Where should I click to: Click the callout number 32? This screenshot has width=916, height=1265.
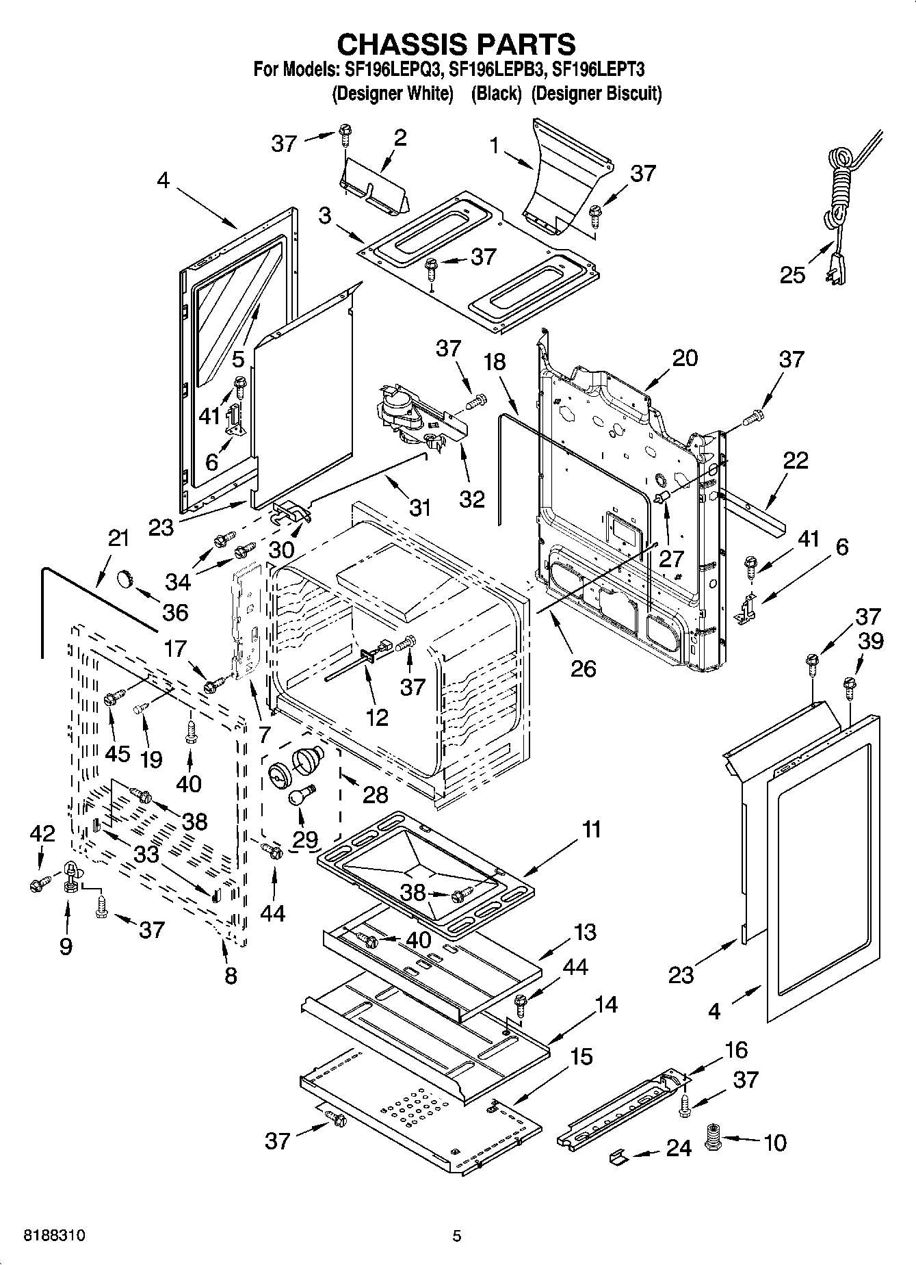coord(471,498)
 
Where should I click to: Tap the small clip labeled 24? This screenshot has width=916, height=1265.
coord(618,1156)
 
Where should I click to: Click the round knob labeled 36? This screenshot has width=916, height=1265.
coord(125,579)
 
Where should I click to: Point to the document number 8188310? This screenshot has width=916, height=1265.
coord(54,1236)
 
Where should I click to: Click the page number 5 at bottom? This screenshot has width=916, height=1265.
coord(457,1236)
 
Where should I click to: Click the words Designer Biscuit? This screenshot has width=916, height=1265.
coord(596,94)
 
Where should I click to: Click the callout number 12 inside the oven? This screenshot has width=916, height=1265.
coord(377,716)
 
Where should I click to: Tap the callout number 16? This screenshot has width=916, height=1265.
coord(736,1049)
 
